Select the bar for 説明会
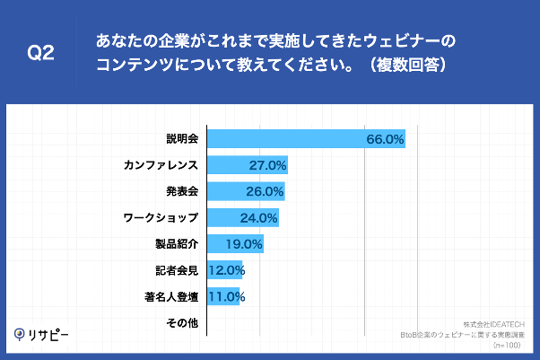point(306,139)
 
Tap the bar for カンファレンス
point(247,165)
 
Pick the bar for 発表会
point(245,191)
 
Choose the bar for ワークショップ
point(242,217)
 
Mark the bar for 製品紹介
point(235,243)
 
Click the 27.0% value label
point(267,165)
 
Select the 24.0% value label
point(258,217)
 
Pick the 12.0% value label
point(226,269)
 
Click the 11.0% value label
point(226,295)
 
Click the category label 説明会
point(182,139)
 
